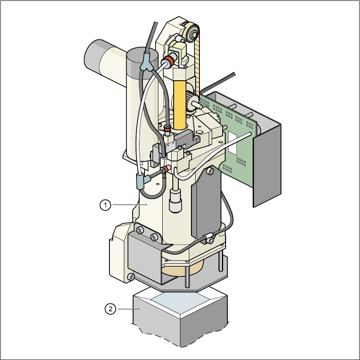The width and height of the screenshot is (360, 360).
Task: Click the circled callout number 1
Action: [x=105, y=205]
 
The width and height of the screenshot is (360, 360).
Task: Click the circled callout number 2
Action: [x=110, y=309]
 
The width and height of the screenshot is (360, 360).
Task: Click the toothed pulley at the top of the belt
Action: [x=192, y=33]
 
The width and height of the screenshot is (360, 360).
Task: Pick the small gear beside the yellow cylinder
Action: [x=190, y=101]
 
